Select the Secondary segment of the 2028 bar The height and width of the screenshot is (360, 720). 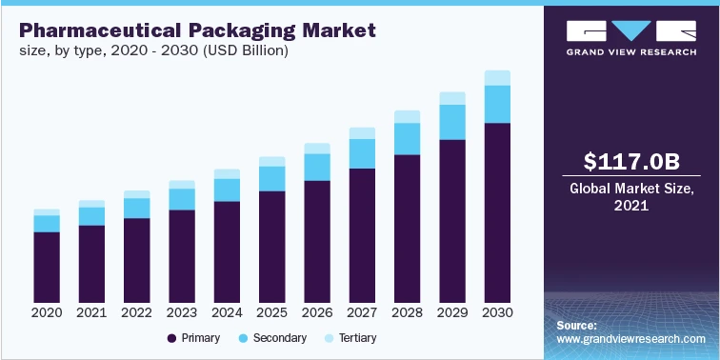tap(407, 138)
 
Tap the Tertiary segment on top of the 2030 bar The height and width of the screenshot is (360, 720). tap(497, 77)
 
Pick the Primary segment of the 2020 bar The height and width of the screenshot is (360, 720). tap(47, 266)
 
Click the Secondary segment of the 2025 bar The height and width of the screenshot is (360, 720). tap(271, 178)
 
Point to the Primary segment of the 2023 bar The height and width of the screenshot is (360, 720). tap(182, 254)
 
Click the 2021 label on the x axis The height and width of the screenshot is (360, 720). tap(91, 312)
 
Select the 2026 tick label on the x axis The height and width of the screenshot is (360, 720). tap(317, 312)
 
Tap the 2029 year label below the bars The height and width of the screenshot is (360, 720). tap(452, 312)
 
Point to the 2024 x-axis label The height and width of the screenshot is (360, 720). tap(227, 312)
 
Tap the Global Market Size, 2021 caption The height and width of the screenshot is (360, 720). tap(631, 196)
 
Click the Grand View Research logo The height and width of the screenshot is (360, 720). tap(631, 37)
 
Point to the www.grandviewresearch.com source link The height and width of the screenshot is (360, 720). tap(631, 339)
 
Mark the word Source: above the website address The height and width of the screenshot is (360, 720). tap(577, 325)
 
